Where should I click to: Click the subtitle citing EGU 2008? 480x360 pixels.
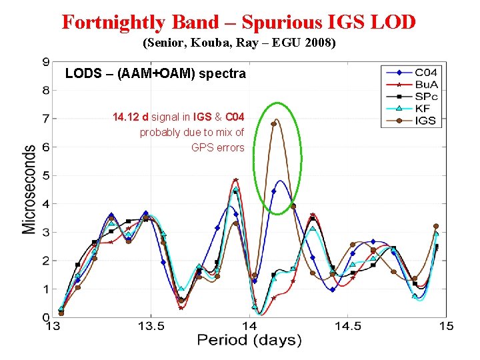[x=239, y=45]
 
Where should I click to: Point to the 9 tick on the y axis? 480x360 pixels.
[x=46, y=62]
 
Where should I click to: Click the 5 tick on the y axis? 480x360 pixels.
[x=46, y=176]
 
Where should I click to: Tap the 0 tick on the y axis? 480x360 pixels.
[x=46, y=318]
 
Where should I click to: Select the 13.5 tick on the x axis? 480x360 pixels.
[x=151, y=326]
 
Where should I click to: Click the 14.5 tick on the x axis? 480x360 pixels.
[x=347, y=326]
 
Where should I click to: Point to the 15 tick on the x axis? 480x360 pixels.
[x=445, y=326]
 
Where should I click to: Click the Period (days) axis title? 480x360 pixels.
[x=249, y=340]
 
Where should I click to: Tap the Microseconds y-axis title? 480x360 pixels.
[x=29, y=189]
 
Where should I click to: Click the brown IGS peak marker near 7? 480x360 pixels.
[x=273, y=123]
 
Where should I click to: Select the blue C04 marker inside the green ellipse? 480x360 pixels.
[x=273, y=191]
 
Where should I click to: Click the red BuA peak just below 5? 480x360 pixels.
[x=235, y=180]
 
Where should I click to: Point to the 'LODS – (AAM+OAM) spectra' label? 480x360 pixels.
[x=155, y=74]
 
